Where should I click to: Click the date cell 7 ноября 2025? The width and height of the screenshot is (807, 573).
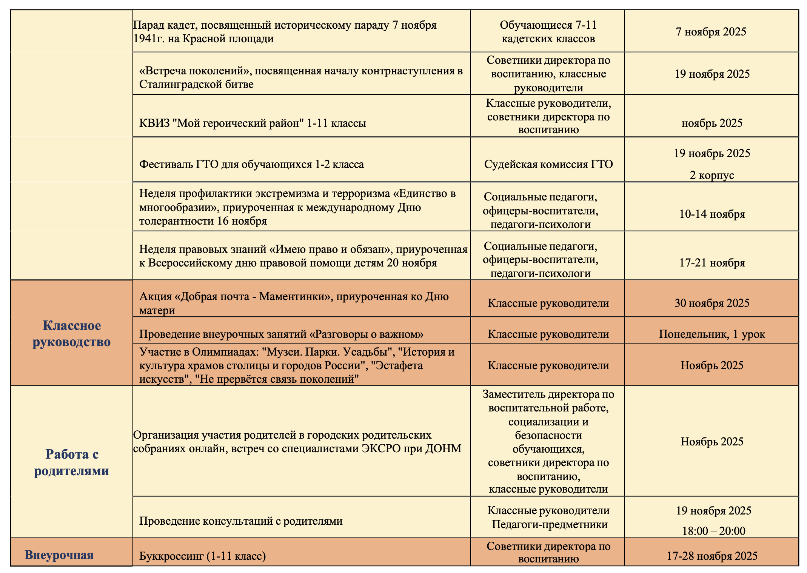coord(711,32)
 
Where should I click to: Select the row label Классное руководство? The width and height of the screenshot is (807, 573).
coord(72,333)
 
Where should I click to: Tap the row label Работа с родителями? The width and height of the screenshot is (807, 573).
coord(72,462)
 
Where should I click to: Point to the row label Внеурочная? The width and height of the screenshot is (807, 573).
coord(59,555)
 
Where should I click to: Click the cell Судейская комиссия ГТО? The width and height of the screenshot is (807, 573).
coord(548,165)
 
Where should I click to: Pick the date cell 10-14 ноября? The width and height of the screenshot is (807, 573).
coord(712,214)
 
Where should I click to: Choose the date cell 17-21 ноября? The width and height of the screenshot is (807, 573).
coord(712,263)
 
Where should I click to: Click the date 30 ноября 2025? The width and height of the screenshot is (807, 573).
coord(712,303)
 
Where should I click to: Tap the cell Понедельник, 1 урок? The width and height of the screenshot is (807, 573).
coord(712,334)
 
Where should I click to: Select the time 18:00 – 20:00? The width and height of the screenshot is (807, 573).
coord(713,531)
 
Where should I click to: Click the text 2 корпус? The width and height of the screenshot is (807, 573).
coord(712,175)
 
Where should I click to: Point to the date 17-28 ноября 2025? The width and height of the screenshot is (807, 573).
coord(712,556)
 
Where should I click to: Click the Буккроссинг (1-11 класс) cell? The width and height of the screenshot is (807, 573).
coord(203,556)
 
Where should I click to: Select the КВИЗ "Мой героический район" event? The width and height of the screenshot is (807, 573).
coord(253,123)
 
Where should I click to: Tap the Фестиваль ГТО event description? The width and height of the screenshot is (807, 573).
coord(251,165)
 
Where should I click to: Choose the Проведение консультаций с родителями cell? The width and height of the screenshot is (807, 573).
coord(241,521)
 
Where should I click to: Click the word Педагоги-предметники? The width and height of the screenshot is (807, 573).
coord(550,524)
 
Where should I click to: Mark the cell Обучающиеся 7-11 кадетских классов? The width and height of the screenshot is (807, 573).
coord(548,32)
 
